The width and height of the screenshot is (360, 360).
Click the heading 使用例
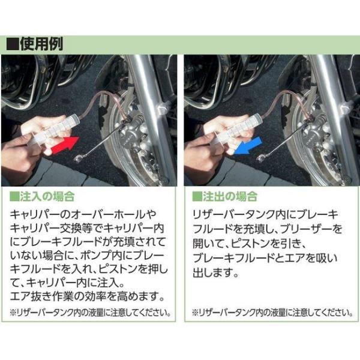pyautogui.click(x=41, y=44)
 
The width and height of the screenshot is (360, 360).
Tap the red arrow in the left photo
pyautogui.click(x=65, y=146)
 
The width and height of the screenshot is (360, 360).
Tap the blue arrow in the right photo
pyautogui.click(x=248, y=146)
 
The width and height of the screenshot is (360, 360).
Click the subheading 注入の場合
pyautogui.click(x=47, y=197)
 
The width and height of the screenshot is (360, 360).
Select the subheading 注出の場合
pyautogui.click(x=230, y=197)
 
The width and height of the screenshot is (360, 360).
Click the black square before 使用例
pyautogui.click(x=13, y=44)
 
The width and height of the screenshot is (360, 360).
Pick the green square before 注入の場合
pyautogui.click(x=14, y=197)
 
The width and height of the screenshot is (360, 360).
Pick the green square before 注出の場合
pyautogui.click(x=197, y=197)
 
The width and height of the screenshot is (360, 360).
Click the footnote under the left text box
pyautogui.click(x=91, y=313)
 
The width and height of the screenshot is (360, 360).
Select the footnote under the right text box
pyautogui.click(x=272, y=313)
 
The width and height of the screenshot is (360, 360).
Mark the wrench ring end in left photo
pyautogui.click(x=79, y=159)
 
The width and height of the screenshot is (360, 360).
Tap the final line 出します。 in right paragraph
pyautogui.click(x=215, y=273)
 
